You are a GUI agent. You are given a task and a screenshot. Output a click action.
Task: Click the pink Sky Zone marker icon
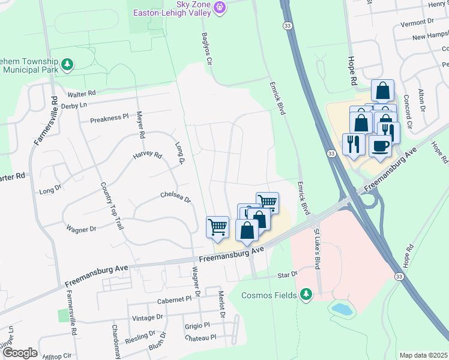coord(220,7)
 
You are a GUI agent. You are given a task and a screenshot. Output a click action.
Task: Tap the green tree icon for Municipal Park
coord(68,64)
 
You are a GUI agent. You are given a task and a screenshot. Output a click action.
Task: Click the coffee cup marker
coord(379,146)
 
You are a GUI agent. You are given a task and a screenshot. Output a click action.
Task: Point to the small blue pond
coord(343,309)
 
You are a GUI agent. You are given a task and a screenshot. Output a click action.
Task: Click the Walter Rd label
coord(82,94)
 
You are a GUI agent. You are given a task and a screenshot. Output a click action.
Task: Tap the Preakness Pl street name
coord(109,118)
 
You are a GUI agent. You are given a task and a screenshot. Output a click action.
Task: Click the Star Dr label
coord(287,274)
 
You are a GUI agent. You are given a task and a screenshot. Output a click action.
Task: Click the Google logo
coord(19,353)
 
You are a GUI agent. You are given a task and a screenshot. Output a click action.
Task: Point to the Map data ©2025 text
coord(423,355)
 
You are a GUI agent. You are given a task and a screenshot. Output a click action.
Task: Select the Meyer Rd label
coord(140,125)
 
